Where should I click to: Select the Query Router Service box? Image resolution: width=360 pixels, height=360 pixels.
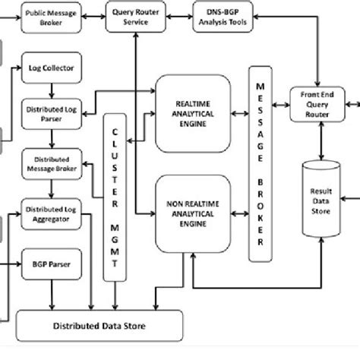pyautogui.click(x=134, y=16)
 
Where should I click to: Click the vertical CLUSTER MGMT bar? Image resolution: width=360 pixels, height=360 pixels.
pyautogui.click(x=116, y=205)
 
